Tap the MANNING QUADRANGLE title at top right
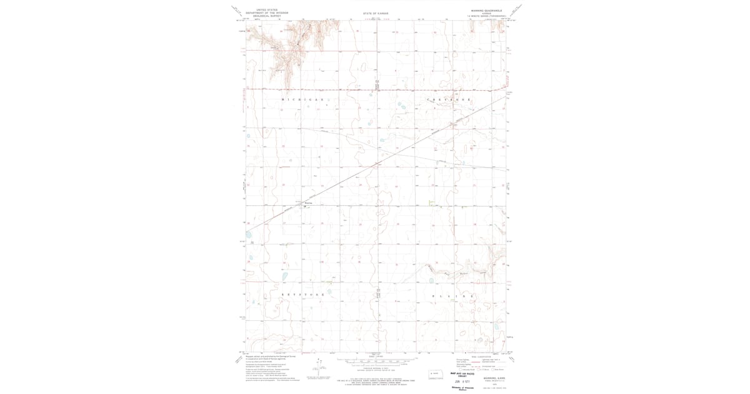[x=487, y=11]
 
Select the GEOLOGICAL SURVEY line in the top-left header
[x=262, y=15]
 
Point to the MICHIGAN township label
[x=304, y=99]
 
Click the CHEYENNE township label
[x=448, y=99]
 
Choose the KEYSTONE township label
[x=303, y=294]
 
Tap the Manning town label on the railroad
[x=307, y=203]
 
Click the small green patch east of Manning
[x=431, y=201]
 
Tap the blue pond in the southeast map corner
[x=497, y=326]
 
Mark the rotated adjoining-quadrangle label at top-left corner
[x=236, y=9]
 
